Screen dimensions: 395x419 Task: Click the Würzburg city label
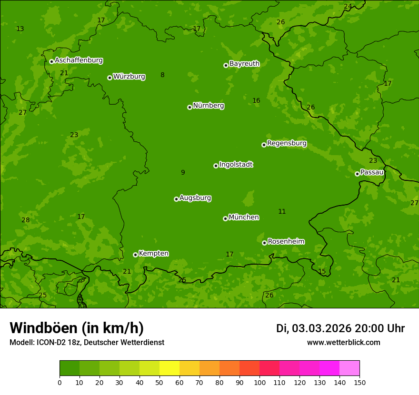(x=129, y=77)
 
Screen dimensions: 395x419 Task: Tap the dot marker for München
(x=225, y=218)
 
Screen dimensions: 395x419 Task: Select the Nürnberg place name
(x=209, y=106)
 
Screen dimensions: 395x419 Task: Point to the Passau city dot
(x=357, y=174)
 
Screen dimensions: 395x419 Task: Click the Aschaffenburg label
(x=79, y=60)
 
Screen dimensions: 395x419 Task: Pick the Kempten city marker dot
(x=135, y=255)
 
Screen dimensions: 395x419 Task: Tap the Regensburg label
(x=287, y=143)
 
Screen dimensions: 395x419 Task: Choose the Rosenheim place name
(x=286, y=241)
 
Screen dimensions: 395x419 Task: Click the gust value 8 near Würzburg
(x=162, y=75)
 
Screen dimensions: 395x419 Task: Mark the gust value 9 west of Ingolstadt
(x=183, y=172)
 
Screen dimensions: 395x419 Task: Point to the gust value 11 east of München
(x=282, y=211)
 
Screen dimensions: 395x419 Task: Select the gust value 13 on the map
(x=20, y=29)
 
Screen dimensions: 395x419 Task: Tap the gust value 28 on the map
(x=26, y=220)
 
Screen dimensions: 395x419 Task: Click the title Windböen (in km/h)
(x=77, y=328)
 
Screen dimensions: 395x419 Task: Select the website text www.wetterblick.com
(x=343, y=342)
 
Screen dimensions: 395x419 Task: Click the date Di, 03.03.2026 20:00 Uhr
(x=340, y=328)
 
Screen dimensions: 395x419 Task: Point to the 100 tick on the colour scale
(x=259, y=382)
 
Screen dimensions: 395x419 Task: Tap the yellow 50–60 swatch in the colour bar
(x=170, y=368)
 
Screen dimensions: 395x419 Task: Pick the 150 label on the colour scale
(x=359, y=382)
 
